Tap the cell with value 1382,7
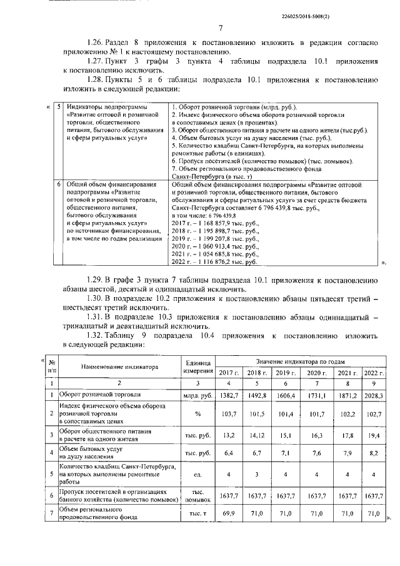click(229, 396)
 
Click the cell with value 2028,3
click(372, 396)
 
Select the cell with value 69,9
click(229, 513)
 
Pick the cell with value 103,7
click(229, 414)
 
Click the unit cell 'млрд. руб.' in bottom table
click(197, 396)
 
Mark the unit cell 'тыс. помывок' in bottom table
click(197, 495)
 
